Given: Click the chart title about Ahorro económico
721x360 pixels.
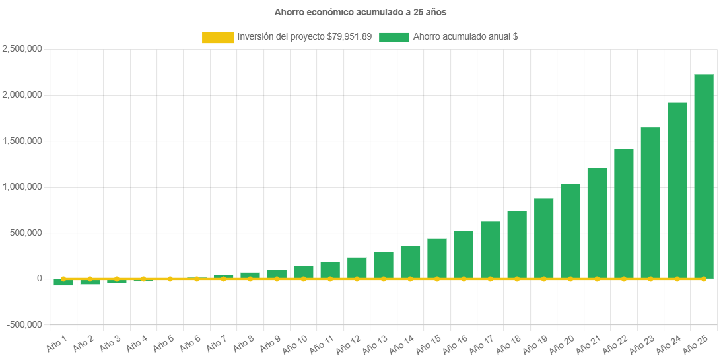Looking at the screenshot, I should tap(360, 12).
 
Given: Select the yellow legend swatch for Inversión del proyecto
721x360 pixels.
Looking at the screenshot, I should tap(218, 38).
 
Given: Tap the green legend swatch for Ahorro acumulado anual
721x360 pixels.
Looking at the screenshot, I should tap(394, 38).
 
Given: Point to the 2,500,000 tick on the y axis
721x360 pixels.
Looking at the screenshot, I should tap(22, 49).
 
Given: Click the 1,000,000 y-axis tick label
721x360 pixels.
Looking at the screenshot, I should tap(22, 187).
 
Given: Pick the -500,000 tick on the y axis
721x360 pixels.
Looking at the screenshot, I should tap(24, 325).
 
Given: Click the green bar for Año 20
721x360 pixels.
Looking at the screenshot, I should tap(570, 231).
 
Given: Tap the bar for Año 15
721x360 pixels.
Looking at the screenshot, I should tap(437, 259).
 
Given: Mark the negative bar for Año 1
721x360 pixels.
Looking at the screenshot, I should tap(63, 282).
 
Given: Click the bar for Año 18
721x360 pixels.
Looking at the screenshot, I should tap(517, 245).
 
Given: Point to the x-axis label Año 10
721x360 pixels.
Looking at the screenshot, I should tap(294, 343).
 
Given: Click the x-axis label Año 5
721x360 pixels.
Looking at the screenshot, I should tap(163, 343).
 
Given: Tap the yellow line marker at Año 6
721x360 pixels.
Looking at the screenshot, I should tap(197, 279).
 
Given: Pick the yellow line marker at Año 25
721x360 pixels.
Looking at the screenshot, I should tap(704, 279).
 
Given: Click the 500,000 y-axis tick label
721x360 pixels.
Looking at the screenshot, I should tap(27, 233).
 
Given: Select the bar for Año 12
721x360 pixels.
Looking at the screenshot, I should tap(357, 268).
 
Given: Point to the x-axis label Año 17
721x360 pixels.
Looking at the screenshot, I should tap(481, 343).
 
